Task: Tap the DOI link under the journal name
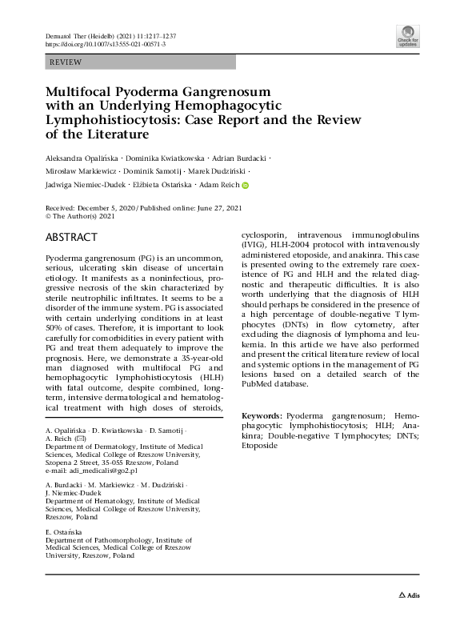pyautogui.click(x=97, y=45)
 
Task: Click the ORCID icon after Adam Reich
pyautogui.click(x=246, y=186)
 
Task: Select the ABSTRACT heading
pyautogui.click(x=71, y=237)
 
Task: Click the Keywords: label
pyautogui.click(x=261, y=416)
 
